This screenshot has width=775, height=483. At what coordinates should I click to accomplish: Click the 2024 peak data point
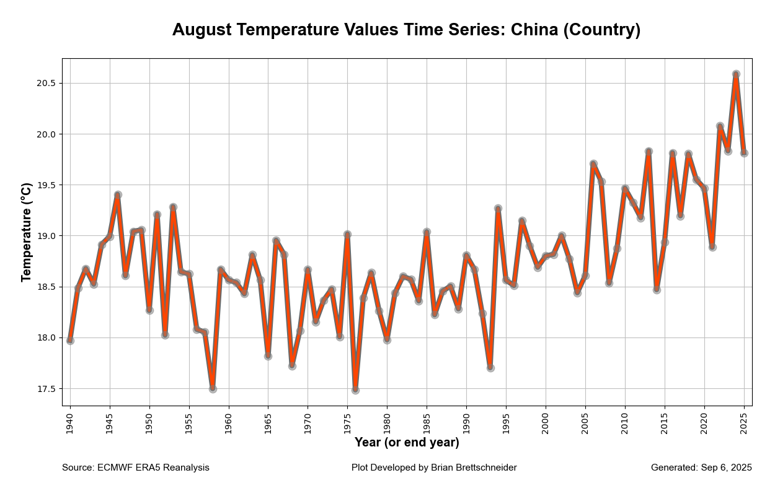pos(736,74)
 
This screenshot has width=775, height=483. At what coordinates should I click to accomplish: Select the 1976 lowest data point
pos(355,390)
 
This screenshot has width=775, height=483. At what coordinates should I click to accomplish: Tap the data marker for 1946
pos(118,195)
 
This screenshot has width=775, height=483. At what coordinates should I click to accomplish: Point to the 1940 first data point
pos(70,341)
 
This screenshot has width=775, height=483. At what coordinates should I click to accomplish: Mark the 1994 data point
pos(498,209)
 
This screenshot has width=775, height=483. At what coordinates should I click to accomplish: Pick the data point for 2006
pos(593,164)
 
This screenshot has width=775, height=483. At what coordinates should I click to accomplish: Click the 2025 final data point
pos(744,153)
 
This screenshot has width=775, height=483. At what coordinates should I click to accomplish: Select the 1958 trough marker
pos(213,389)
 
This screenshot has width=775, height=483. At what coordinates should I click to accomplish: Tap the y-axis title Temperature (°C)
pos(27,232)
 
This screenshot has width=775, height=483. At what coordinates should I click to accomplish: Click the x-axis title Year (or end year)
pos(407,443)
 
